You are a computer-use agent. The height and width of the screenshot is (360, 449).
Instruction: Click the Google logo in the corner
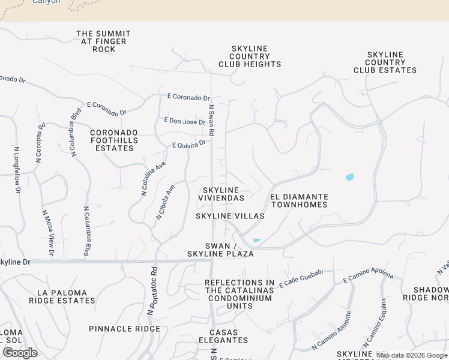click(x=20, y=352)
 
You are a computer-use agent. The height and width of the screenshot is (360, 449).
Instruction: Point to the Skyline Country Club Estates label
click(x=385, y=62)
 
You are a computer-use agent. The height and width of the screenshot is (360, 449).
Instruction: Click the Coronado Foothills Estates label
click(x=114, y=140)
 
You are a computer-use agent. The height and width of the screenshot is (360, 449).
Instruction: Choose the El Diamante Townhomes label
click(x=299, y=200)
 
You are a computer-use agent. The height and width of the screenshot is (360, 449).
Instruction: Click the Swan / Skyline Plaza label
click(x=229, y=250)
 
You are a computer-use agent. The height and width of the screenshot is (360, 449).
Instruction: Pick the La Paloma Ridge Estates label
click(x=66, y=296)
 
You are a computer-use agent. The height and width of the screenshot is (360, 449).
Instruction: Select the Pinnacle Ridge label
click(x=125, y=329)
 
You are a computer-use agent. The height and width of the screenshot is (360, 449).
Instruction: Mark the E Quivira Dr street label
click(x=188, y=144)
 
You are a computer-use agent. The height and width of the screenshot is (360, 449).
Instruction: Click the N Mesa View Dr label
click(x=48, y=233)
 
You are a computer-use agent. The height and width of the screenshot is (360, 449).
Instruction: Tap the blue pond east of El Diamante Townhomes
click(x=350, y=177)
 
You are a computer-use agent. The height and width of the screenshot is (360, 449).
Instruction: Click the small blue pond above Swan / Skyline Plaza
click(x=257, y=241)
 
